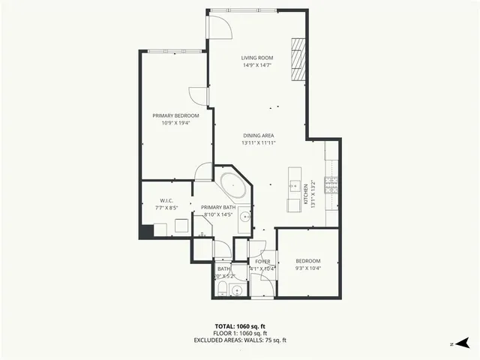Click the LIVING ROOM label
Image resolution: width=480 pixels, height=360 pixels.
click(x=256, y=58)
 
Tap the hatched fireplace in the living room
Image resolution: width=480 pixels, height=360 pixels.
click(x=299, y=58)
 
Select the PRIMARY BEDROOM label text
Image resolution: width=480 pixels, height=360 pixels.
click(x=175, y=115)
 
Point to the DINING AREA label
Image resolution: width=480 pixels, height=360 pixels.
click(x=257, y=135)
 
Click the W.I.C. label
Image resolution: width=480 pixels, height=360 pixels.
click(x=166, y=200)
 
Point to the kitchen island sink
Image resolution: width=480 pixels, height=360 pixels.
click(x=293, y=184)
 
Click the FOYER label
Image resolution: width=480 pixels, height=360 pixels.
click(x=262, y=261)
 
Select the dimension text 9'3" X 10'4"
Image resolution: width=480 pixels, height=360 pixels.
click(x=307, y=268)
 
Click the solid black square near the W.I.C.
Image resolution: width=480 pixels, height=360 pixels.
click(x=146, y=231)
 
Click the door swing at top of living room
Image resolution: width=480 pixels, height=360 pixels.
click(x=219, y=25)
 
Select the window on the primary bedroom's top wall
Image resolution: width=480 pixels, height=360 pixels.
click(x=175, y=52)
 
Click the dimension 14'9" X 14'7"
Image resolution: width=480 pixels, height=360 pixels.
click(x=256, y=65)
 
